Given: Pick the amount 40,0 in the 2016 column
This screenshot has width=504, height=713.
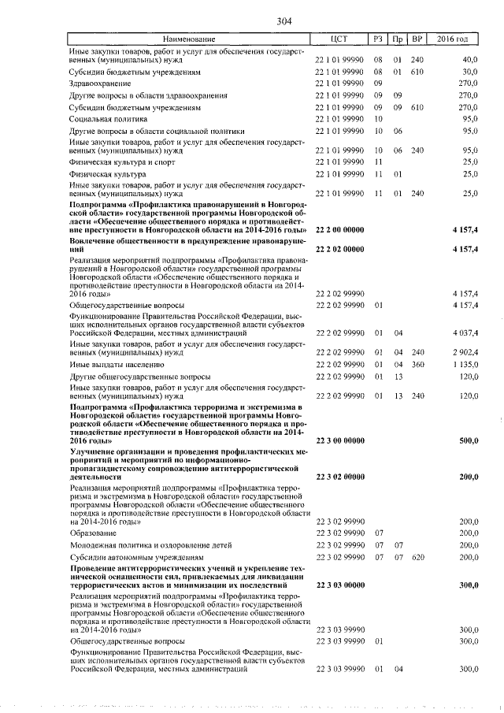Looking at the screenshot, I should (x=470, y=59).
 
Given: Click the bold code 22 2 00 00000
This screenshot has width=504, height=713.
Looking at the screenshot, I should (x=339, y=229).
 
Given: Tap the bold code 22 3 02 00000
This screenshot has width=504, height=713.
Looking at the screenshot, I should (x=339, y=477).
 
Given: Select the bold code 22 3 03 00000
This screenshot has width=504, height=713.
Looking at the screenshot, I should (x=339, y=585).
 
